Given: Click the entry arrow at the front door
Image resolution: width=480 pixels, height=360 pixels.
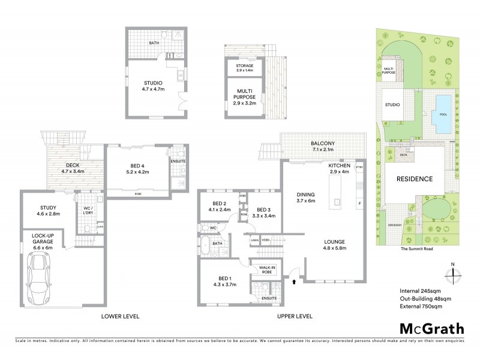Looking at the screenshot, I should [x=295, y=280].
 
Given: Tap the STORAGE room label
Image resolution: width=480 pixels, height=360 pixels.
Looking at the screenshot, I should [x=244, y=65].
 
